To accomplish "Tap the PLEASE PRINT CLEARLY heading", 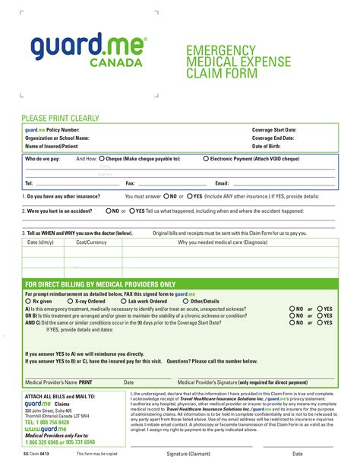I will pyautogui.click(x=60, y=119).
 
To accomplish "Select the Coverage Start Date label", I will pyautogui.click(x=274, y=130).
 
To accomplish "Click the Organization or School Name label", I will pyautogui.click(x=58, y=138).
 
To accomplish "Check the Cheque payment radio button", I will pyautogui.click(x=103, y=159).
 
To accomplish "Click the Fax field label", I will pyautogui.click(x=130, y=183).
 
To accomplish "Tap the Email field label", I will pyautogui.click(x=223, y=183).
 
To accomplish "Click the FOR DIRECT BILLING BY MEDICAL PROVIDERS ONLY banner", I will pyautogui.click(x=100, y=284).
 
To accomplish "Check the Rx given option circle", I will pyautogui.click(x=28, y=301).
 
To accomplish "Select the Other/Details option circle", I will pyautogui.click(x=186, y=301).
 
